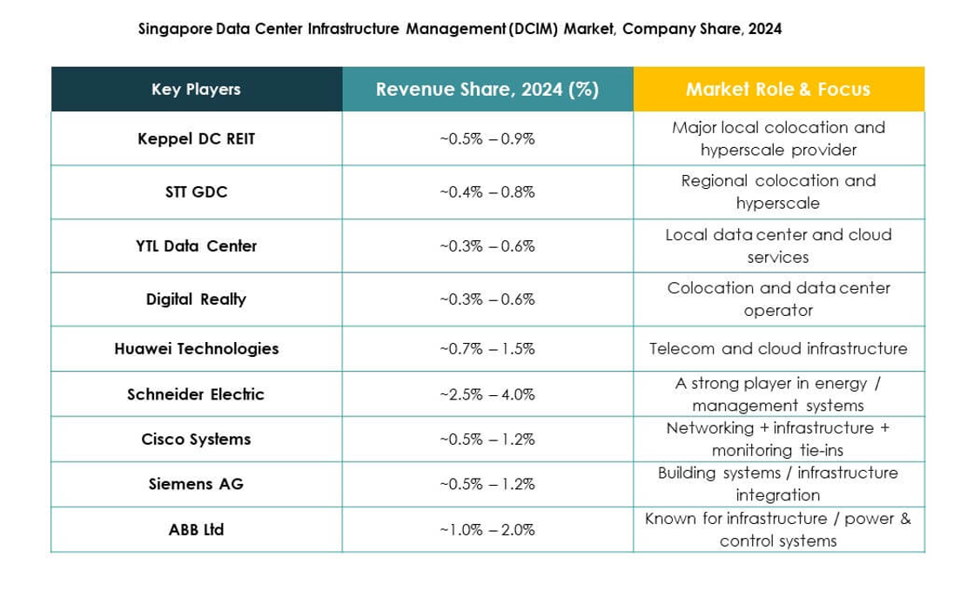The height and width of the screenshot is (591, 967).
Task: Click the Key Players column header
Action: tap(196, 89)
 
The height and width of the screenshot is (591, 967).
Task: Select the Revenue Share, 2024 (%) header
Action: tap(487, 89)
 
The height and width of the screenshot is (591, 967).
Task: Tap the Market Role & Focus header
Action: tap(777, 89)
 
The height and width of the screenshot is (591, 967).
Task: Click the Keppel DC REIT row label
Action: tap(196, 138)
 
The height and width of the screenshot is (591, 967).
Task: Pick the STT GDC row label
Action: tap(196, 192)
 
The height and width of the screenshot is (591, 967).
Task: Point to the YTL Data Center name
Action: tap(196, 246)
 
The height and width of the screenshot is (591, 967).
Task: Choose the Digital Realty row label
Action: tap(196, 299)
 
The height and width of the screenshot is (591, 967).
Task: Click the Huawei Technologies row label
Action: tap(196, 349)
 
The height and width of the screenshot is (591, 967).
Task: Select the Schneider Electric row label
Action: tap(196, 394)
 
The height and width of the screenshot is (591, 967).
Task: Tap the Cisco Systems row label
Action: tap(196, 440)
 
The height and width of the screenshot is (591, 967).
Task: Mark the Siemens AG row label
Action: tap(196, 484)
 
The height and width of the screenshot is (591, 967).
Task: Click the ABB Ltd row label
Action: tap(196, 529)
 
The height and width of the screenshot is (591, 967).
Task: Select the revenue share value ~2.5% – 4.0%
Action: tap(487, 394)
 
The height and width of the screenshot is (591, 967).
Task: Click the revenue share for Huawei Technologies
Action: tap(487, 349)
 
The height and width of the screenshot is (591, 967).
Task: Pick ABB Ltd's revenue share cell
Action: tap(487, 529)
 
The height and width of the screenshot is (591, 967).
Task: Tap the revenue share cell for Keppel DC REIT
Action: tap(487, 138)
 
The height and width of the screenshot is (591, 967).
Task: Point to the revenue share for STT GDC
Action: tap(487, 192)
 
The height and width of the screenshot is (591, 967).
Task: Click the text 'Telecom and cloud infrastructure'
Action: tap(777, 349)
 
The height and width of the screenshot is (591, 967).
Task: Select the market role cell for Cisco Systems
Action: tap(777, 440)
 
